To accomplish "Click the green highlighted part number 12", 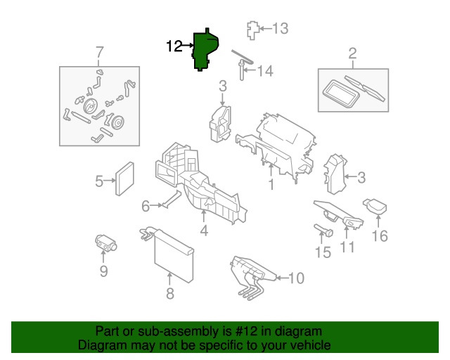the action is click(205, 50).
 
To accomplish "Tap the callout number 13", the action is click(280, 28).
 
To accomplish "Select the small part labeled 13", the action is click(253, 30).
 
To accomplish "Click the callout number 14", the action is click(265, 71).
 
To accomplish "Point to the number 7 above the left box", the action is click(99, 53).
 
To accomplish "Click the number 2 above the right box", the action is click(353, 54).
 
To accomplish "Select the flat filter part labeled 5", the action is click(124, 179).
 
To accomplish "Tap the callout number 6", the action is click(146, 206).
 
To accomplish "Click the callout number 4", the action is click(204, 231).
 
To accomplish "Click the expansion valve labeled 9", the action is click(105, 243).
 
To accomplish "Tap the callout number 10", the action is click(296, 278).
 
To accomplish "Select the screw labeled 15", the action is click(323, 230).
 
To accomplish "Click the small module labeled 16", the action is click(375, 207).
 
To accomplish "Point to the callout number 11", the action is click(347, 247).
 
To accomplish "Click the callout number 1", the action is click(271, 184).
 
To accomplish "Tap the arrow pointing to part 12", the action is click(188, 46).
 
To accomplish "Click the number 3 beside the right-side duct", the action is click(361, 177).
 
